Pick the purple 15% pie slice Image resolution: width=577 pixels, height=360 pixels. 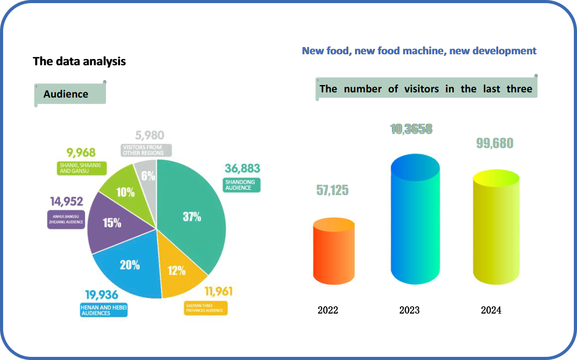click(x=111, y=223)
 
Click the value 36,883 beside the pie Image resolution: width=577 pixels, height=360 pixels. click(x=242, y=169)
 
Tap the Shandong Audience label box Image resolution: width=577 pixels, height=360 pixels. click(x=241, y=185)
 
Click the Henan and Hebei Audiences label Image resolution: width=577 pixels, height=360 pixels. click(x=103, y=310)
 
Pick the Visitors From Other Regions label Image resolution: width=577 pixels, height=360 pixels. click(x=146, y=150)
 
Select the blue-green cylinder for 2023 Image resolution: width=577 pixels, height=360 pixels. click(x=415, y=219)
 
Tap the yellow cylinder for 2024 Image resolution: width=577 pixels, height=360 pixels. click(x=496, y=227)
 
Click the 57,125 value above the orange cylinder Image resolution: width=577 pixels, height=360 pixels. click(x=332, y=190)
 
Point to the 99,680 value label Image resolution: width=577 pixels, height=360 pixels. click(x=494, y=143)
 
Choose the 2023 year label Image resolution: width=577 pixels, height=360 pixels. click(x=409, y=310)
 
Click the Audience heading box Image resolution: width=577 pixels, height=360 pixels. click(x=70, y=94)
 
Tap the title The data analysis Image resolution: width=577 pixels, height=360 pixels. click(x=79, y=62)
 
